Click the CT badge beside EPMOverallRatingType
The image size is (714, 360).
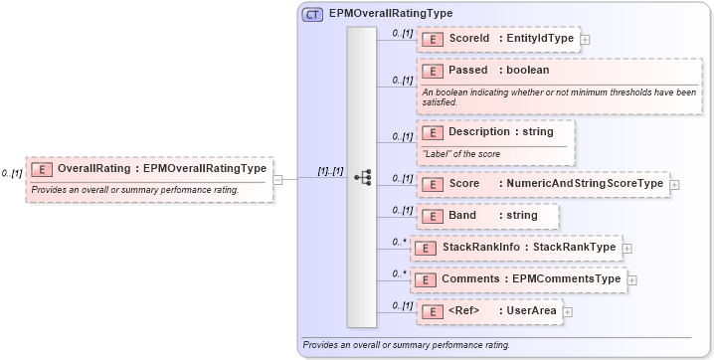tap(312, 13)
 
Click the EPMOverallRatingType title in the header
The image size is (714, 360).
tap(391, 13)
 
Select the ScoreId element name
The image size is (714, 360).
tap(469, 39)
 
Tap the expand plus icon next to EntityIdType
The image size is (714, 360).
tap(584, 40)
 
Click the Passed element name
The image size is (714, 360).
tap(468, 71)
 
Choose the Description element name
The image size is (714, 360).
tap(478, 131)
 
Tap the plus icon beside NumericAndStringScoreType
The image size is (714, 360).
tap(675, 184)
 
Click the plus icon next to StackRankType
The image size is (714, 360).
tap(627, 248)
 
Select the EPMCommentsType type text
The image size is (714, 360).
tap(566, 279)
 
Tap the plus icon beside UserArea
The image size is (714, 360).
tap(568, 312)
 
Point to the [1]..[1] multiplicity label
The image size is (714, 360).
tap(330, 171)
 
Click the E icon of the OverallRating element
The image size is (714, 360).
tap(42, 169)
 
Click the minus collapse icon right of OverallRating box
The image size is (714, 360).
tap(277, 179)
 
